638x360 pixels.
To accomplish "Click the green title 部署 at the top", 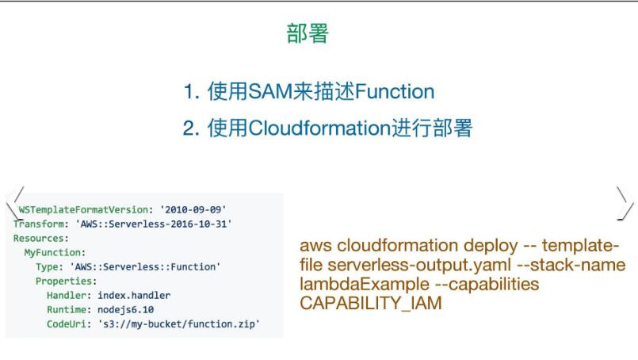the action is click(308, 33).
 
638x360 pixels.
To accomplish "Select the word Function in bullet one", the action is click(395, 91).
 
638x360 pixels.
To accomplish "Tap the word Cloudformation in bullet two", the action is click(320, 128).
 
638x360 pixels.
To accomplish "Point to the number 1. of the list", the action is click(191, 92).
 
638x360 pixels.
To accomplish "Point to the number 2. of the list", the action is click(191, 128).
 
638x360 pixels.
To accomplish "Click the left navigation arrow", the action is click(15, 203).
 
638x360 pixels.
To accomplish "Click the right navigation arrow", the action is click(625, 203).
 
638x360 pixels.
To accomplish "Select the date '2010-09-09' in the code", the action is click(193, 209).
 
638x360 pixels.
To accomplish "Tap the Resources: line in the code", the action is click(40, 238).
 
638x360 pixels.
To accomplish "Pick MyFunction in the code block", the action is click(55, 252).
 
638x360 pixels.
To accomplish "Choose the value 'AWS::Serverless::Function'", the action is click(145, 266).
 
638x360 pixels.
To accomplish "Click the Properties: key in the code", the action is click(66, 281).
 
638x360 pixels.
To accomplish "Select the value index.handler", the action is click(134, 295).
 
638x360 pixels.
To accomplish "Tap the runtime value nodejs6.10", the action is click(126, 309).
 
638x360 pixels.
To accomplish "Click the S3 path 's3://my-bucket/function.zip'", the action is click(178, 324).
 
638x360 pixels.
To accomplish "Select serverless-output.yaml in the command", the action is click(419, 265).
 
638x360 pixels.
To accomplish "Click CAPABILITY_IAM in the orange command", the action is click(371, 304).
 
